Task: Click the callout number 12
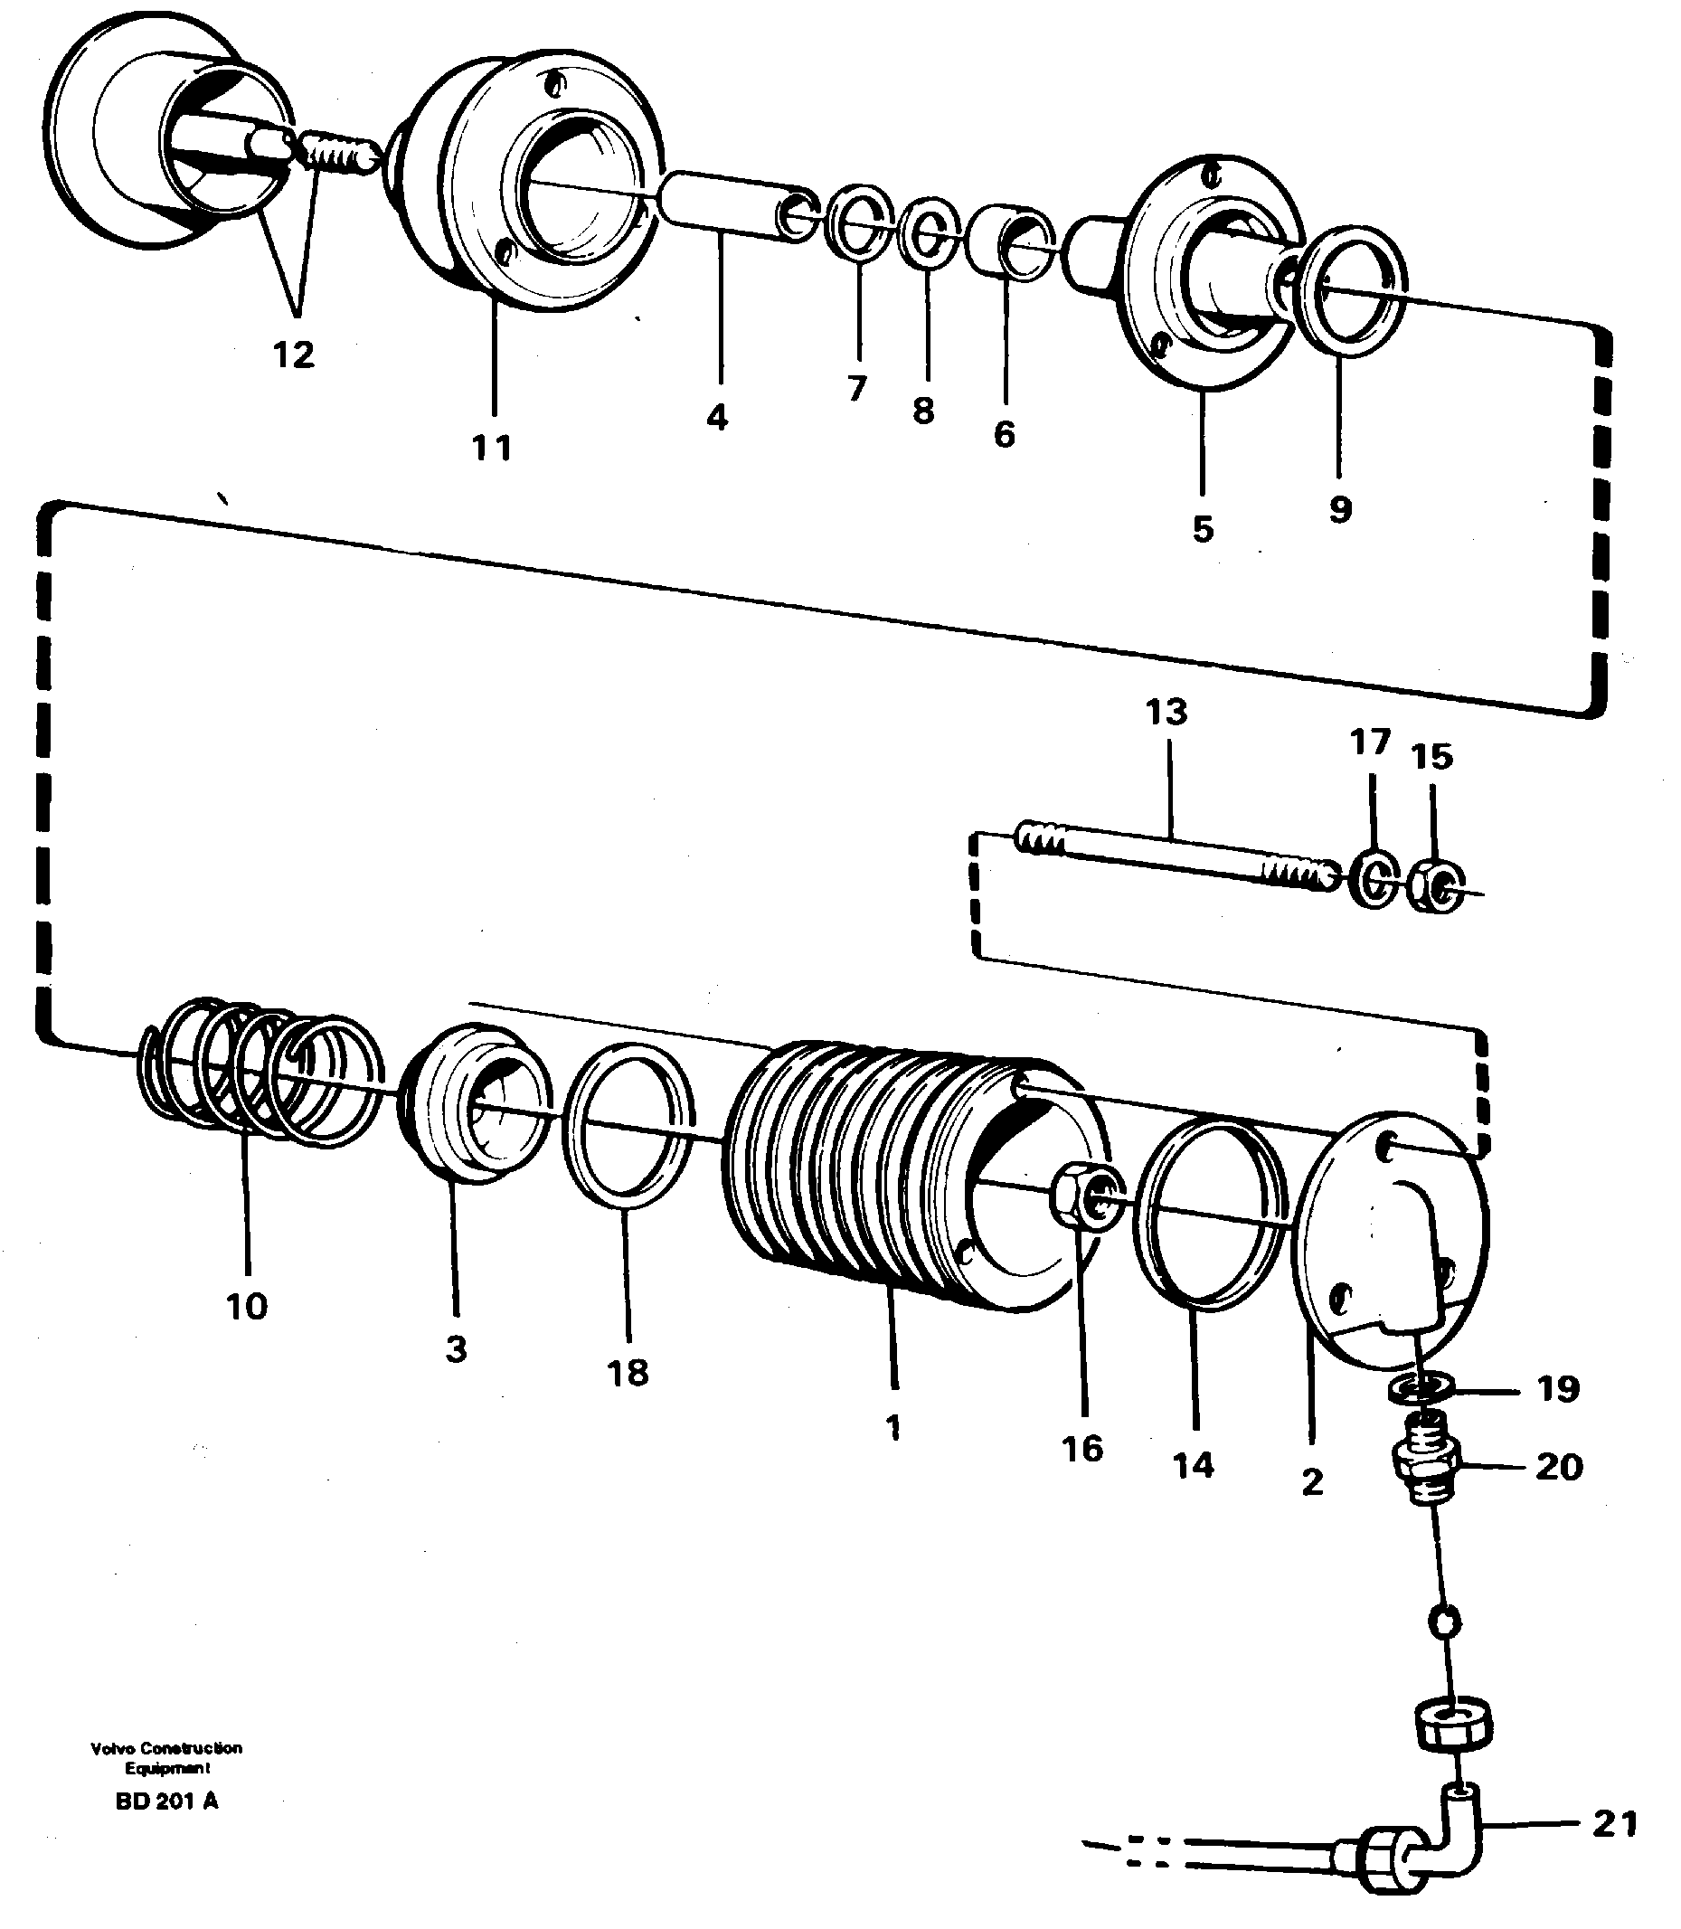294,355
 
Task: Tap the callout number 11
492,448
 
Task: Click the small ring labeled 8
928,231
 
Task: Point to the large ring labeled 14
1209,1214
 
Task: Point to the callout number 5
1203,529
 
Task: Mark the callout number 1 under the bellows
892,1427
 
